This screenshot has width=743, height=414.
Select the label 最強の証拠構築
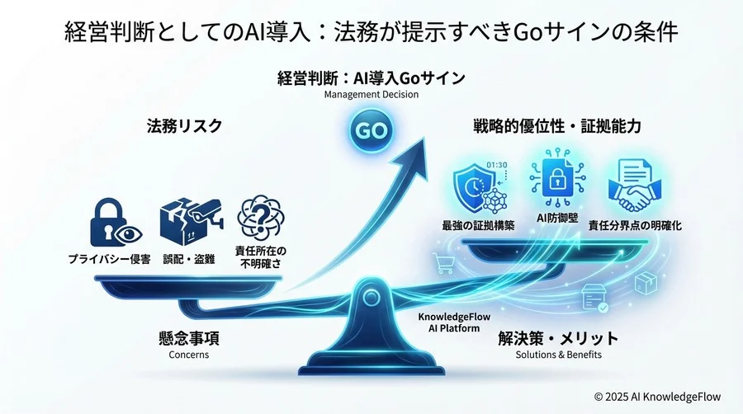[480, 225]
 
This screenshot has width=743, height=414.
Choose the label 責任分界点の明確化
[635, 225]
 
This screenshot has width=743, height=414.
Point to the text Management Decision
[371, 95]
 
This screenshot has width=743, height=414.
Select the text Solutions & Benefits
[558, 355]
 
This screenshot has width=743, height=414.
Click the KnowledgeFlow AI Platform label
[448, 322]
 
